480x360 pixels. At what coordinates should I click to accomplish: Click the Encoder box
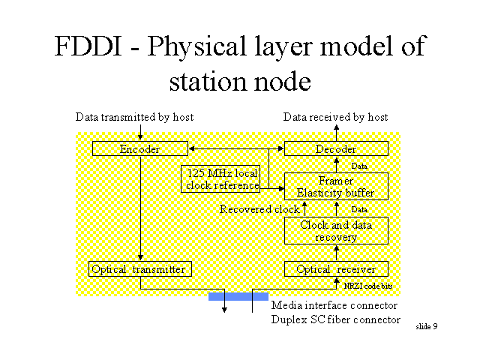coord(139,149)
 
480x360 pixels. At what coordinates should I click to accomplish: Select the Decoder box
coord(335,149)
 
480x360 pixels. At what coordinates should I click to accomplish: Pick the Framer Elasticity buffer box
coord(335,187)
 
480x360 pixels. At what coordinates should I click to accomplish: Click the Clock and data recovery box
coord(335,231)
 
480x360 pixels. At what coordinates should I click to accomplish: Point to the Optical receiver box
coord(335,268)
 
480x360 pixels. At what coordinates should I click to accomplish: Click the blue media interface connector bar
coord(238,296)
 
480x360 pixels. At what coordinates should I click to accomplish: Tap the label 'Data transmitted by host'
coord(135,117)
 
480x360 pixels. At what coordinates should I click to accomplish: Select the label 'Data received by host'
coord(335,117)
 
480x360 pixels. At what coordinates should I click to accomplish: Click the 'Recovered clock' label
coord(259,209)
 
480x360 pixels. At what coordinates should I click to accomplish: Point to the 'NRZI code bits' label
coord(367,286)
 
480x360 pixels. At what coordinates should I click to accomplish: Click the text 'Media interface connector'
coord(334,305)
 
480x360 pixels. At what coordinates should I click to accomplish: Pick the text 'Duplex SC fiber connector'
coord(335,320)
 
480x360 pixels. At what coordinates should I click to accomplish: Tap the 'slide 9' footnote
coord(427,326)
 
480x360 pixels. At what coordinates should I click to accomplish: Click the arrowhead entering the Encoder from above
coord(140,137)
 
